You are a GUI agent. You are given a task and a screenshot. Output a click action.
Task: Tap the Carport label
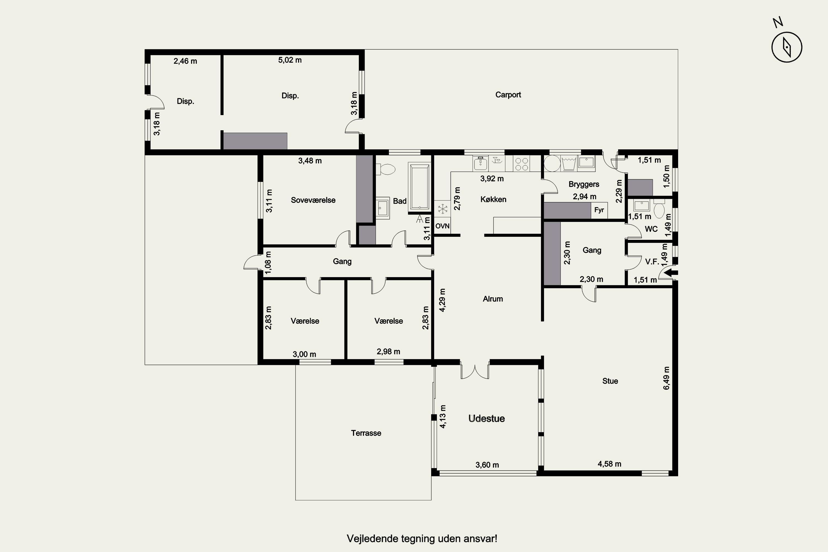coord(508,95)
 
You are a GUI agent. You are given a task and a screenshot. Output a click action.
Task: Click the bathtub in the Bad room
coord(420,187)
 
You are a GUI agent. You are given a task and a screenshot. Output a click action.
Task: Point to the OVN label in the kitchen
coord(442,226)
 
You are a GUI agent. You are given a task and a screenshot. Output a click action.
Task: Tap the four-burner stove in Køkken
coord(521,164)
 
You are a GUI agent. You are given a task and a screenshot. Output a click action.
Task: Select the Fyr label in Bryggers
coord(599,210)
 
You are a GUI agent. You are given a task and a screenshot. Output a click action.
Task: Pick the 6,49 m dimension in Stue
coord(667,378)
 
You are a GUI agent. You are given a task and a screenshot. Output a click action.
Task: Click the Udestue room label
coord(487,419)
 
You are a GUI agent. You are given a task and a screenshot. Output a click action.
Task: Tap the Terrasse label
coord(366,433)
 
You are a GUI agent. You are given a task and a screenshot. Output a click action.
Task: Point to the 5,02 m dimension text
coord(290,60)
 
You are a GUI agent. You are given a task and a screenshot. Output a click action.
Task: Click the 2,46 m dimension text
coord(185,61)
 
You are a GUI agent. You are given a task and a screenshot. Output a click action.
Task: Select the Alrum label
coord(493,299)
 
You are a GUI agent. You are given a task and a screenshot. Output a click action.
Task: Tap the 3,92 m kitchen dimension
coord(492,179)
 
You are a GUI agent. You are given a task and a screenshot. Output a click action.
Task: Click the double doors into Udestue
coord(475,371)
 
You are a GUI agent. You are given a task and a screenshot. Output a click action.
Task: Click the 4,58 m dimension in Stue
coord(609,464)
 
